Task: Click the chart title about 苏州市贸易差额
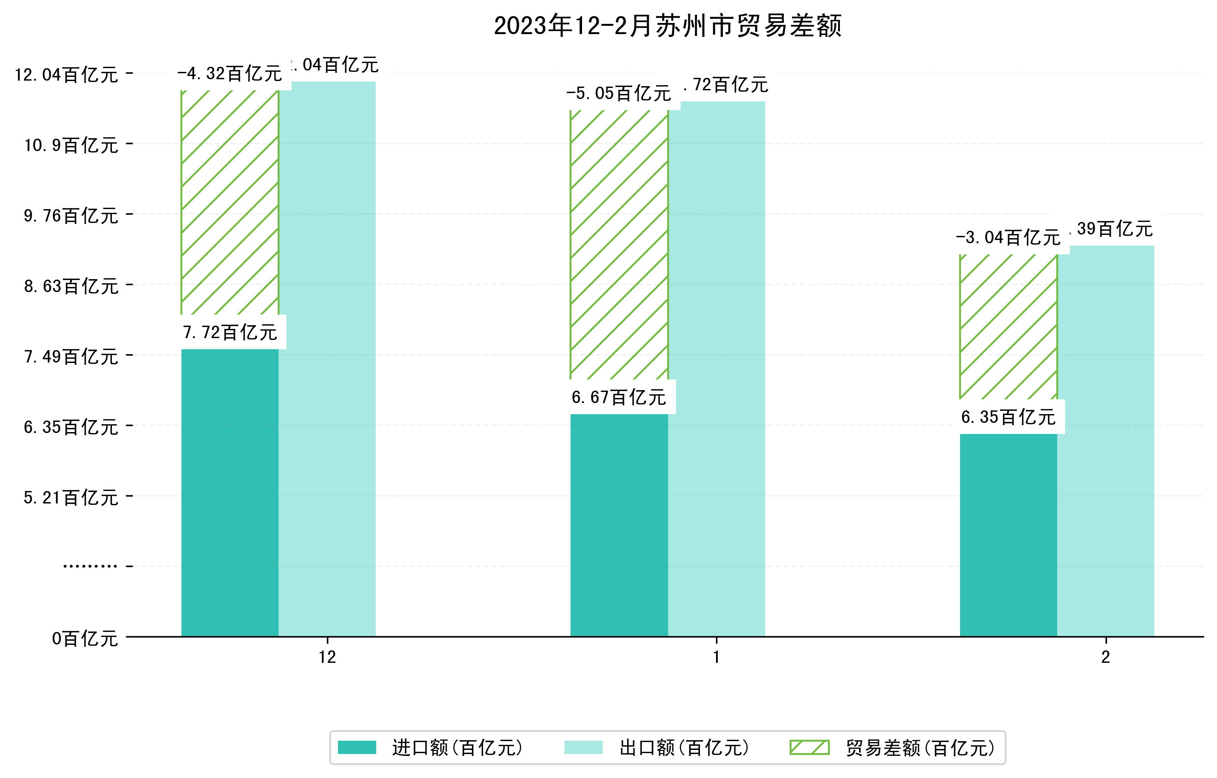coord(667,26)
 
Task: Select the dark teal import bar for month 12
coord(229,493)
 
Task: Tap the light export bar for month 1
coord(716,369)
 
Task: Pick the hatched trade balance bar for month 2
coord(1008,327)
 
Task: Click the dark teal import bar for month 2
coord(1008,535)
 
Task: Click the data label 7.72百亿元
coord(230,333)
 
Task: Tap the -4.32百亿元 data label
coord(230,74)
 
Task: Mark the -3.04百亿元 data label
coord(1008,238)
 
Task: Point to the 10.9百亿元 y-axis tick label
coord(71,146)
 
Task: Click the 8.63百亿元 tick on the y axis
coord(71,287)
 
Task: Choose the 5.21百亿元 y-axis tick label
coord(71,498)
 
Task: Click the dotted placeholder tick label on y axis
coord(90,566)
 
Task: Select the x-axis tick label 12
coord(327,657)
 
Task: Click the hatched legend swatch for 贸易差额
coord(809,747)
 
